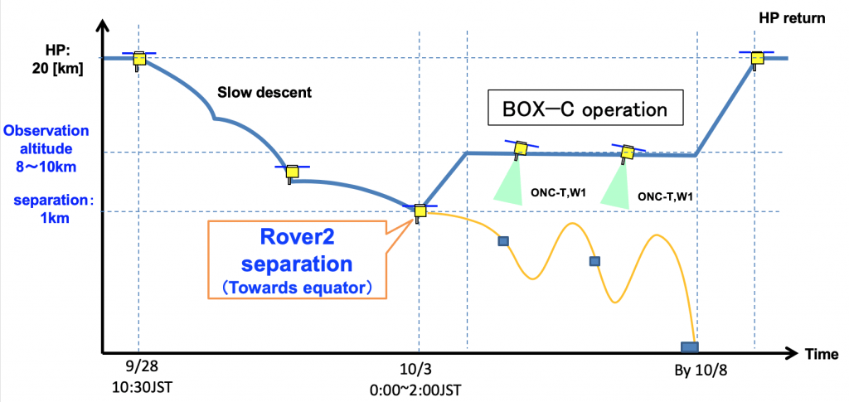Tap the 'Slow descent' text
tap(264, 92)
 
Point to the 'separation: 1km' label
tap(49, 210)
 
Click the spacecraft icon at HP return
tap(756, 58)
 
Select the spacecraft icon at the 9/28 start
tap(139, 59)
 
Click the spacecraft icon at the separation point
tap(420, 211)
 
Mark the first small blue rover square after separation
tap(502, 241)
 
